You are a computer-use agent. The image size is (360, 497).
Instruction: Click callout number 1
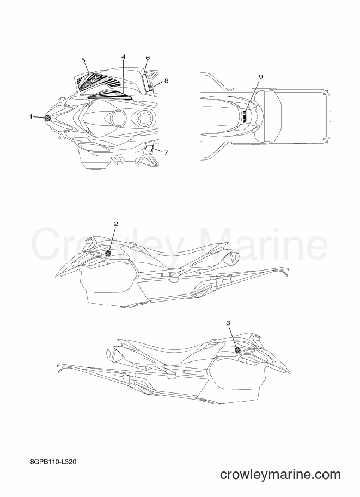pyautogui.click(x=31, y=117)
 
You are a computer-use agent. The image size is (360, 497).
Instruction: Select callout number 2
pyautogui.click(x=116, y=224)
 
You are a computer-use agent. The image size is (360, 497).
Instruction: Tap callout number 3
pyautogui.click(x=228, y=323)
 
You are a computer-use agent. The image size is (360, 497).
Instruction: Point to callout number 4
pyautogui.click(x=124, y=57)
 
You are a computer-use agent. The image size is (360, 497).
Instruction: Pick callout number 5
pyautogui.click(x=83, y=59)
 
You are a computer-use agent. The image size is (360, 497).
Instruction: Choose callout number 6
pyautogui.click(x=148, y=58)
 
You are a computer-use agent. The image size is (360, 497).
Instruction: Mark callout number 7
pyautogui.click(x=166, y=152)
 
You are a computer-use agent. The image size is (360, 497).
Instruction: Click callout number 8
pyautogui.click(x=166, y=81)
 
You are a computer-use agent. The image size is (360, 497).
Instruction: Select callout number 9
pyautogui.click(x=261, y=77)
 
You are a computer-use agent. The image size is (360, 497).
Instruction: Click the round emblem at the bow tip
pyautogui.click(x=47, y=118)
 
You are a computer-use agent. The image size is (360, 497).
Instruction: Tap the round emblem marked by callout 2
pyautogui.click(x=108, y=253)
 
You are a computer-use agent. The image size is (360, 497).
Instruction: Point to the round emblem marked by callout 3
pyautogui.click(x=237, y=349)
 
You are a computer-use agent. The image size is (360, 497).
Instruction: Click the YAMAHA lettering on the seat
pyautogui.click(x=246, y=116)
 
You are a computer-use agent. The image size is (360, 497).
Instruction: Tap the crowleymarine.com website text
pyautogui.click(x=280, y=474)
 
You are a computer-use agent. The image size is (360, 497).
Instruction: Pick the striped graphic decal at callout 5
pyautogui.click(x=100, y=82)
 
